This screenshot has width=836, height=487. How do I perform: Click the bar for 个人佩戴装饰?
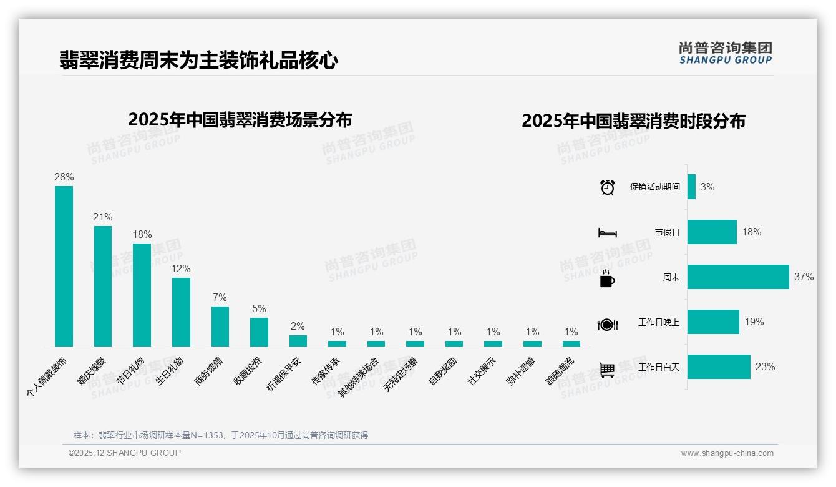(x=64, y=266)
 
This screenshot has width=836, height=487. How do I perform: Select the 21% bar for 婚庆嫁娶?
(x=103, y=286)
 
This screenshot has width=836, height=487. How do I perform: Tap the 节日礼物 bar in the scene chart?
(x=142, y=295)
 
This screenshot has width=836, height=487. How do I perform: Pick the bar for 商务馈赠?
(x=220, y=326)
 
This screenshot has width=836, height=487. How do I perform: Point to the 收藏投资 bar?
(x=259, y=332)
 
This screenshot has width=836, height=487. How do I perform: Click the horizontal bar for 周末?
(x=738, y=277)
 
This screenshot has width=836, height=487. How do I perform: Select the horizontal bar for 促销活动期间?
(x=691, y=187)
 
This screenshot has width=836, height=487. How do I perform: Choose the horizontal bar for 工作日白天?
(x=719, y=366)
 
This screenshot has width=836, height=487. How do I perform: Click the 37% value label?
(x=804, y=277)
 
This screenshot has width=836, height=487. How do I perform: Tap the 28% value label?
(x=64, y=177)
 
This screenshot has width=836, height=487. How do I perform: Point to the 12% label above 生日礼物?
(x=181, y=269)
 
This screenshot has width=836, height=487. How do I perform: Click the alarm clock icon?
(x=608, y=187)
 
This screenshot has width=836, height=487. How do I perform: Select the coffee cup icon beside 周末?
(x=607, y=278)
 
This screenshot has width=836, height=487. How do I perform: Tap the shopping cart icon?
(x=607, y=370)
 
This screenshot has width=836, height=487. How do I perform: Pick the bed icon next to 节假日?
(x=607, y=233)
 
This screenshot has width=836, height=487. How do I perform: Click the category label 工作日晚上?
(x=658, y=322)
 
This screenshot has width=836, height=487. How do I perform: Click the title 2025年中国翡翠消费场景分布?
(x=240, y=120)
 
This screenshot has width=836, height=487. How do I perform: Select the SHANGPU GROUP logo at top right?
(x=726, y=53)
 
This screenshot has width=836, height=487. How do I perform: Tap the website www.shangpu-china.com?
(x=727, y=453)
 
